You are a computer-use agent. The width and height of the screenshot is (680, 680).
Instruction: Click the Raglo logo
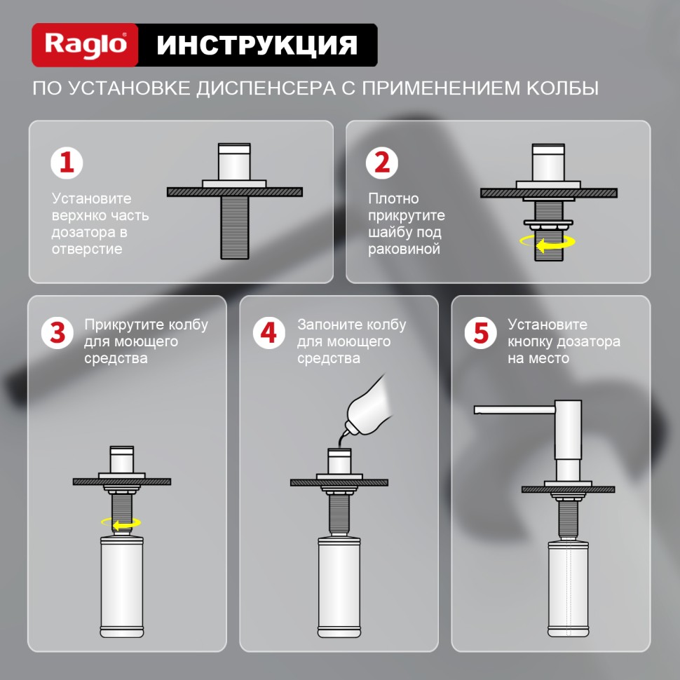[x=86, y=45]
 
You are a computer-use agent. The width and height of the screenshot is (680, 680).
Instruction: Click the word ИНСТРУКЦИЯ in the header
[x=257, y=45]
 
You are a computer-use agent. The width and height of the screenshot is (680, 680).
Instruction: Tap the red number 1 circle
[x=67, y=163]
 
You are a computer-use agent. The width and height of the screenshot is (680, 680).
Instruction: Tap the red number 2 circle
[x=383, y=163]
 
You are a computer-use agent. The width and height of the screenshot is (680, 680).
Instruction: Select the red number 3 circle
[x=58, y=332]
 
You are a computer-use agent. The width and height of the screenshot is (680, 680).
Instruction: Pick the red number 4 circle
[x=269, y=332]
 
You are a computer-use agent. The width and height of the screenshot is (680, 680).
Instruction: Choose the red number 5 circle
[x=481, y=332]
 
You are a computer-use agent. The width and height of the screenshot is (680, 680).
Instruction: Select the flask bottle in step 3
[x=122, y=589]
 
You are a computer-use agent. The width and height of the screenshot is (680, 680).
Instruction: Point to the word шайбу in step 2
[x=390, y=232]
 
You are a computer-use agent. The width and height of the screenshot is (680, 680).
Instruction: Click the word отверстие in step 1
[x=86, y=249]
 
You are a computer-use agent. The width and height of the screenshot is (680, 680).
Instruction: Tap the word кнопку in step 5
[x=532, y=341]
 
